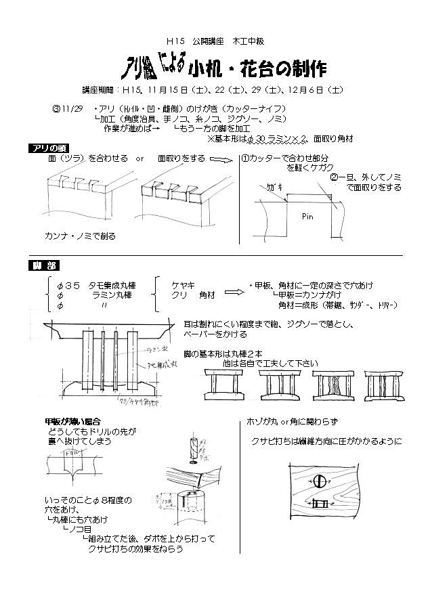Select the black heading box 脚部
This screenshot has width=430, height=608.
click(41, 263)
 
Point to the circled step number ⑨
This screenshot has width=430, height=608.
click(57, 108)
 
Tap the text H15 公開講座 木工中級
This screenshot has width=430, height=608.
click(214, 40)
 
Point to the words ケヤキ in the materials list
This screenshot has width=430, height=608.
click(182, 285)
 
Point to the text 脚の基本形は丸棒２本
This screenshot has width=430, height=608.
click(226, 353)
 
